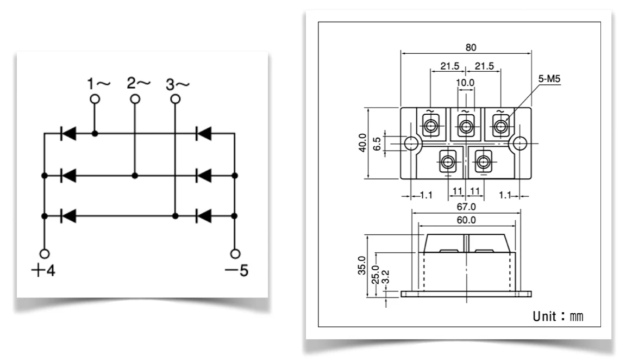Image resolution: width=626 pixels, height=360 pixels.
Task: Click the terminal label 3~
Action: (x=178, y=84)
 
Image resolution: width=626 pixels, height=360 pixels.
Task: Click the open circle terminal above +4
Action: (x=45, y=254)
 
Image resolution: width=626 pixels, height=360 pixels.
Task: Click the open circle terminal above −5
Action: (x=235, y=254)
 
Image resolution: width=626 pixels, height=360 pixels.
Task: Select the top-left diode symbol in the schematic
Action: (x=68, y=133)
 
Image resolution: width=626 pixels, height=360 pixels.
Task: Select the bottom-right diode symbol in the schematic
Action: (x=204, y=216)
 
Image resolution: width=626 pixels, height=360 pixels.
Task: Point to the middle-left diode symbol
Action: (x=68, y=176)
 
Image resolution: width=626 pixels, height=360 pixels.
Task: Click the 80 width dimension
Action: (x=466, y=48)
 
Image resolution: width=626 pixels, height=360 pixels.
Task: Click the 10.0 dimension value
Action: (x=465, y=83)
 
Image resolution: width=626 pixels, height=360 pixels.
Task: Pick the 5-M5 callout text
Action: (x=549, y=79)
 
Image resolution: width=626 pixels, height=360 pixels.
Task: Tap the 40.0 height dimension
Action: (x=362, y=143)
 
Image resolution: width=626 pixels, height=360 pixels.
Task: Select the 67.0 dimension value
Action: (x=466, y=207)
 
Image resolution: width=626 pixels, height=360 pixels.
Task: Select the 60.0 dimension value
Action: (x=466, y=220)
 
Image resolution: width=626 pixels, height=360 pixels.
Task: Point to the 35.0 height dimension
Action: (x=362, y=266)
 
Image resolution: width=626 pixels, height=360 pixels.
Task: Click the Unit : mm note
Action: (x=558, y=316)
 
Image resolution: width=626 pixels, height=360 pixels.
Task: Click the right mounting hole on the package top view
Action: (x=520, y=143)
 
